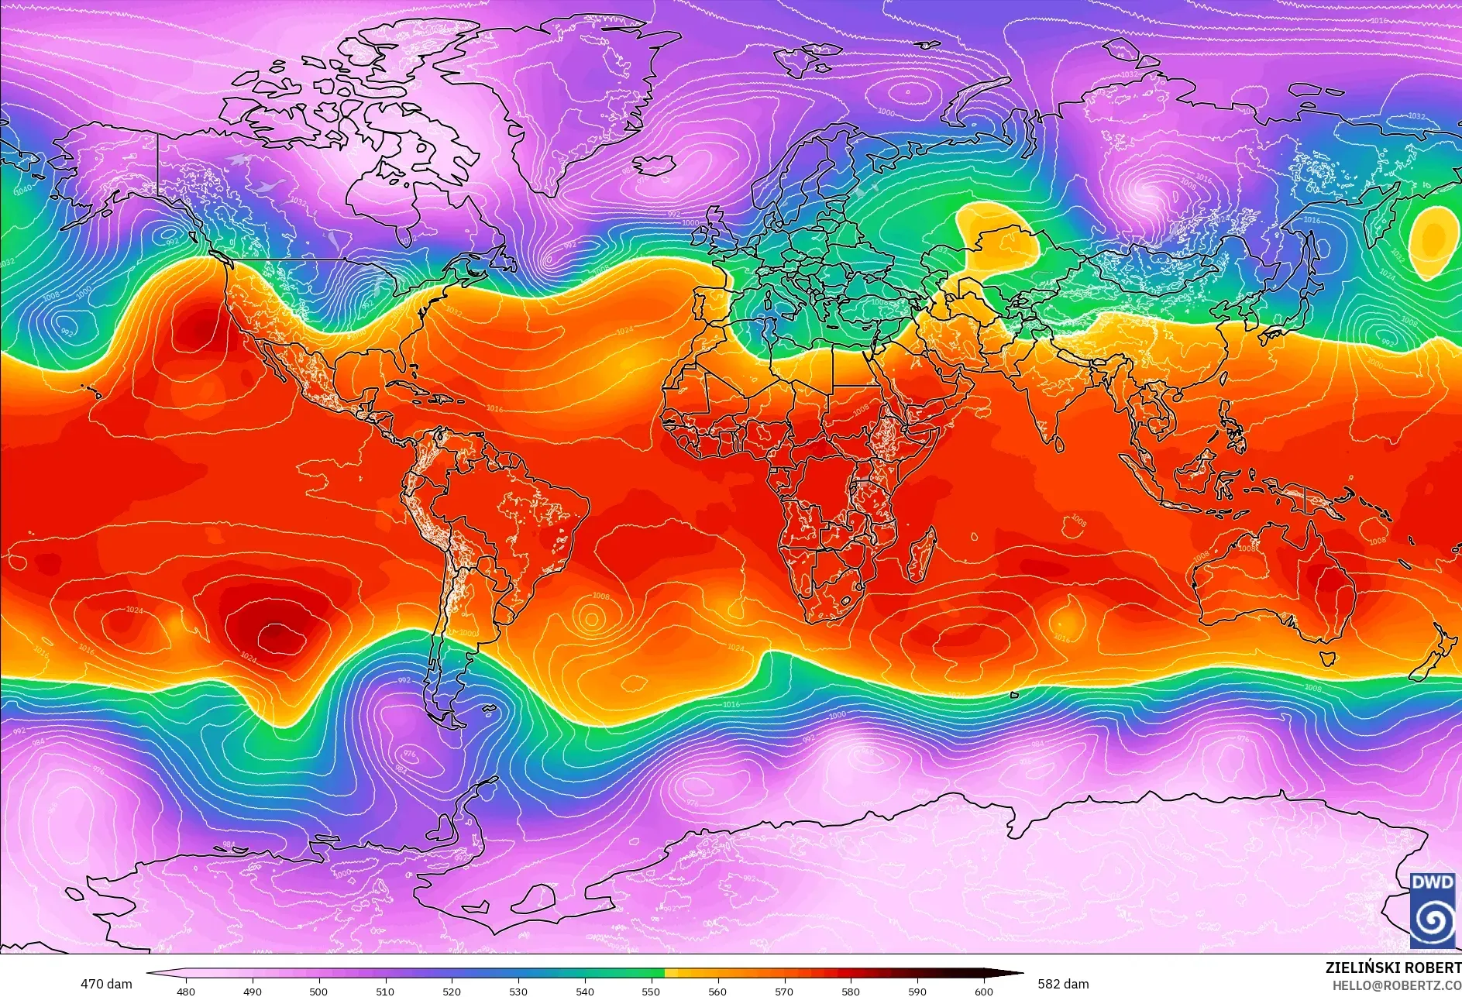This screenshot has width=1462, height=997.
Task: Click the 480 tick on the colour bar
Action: (x=186, y=991)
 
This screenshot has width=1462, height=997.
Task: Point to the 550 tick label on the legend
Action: (x=651, y=991)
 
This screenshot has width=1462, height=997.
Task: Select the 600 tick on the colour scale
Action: (x=984, y=991)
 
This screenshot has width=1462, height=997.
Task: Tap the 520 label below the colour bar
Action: (x=452, y=991)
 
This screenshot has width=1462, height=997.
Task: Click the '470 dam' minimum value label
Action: (x=106, y=984)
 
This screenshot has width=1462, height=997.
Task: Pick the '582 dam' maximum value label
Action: (x=1063, y=984)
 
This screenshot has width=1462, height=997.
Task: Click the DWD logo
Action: (x=1433, y=910)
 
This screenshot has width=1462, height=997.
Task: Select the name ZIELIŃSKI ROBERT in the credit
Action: (x=1392, y=968)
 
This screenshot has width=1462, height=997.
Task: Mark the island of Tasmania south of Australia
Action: (x=1326, y=658)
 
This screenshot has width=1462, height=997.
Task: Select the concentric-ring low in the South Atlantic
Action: (x=591, y=618)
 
